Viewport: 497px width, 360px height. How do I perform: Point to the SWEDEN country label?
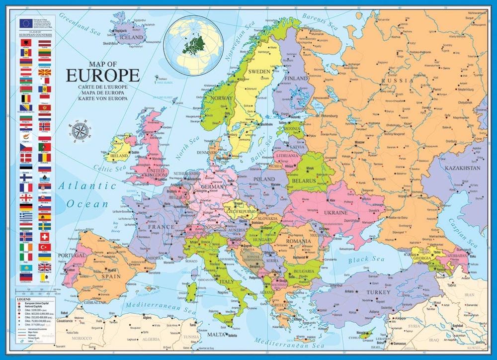click(x=259, y=71)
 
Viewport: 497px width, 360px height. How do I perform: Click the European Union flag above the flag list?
click(x=25, y=22)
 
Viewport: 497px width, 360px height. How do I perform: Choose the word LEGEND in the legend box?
click(x=22, y=298)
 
